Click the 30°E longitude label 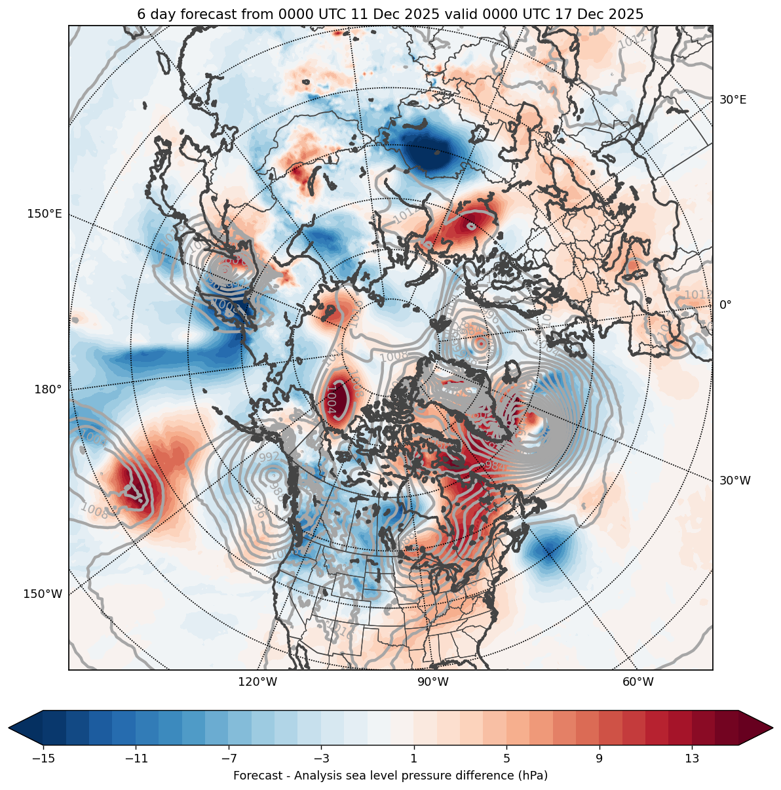(733, 100)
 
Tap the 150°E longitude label (45, 214)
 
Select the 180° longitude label (48, 389)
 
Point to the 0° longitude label (725, 305)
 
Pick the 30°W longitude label (735, 481)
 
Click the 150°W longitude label (43, 594)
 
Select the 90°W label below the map (433, 682)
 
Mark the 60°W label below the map (638, 682)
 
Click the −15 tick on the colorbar (43, 759)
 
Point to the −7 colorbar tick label (229, 759)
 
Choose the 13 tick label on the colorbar (692, 759)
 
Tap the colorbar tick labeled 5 (506, 759)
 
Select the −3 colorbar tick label (321, 759)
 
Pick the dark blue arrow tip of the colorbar (20, 728)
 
